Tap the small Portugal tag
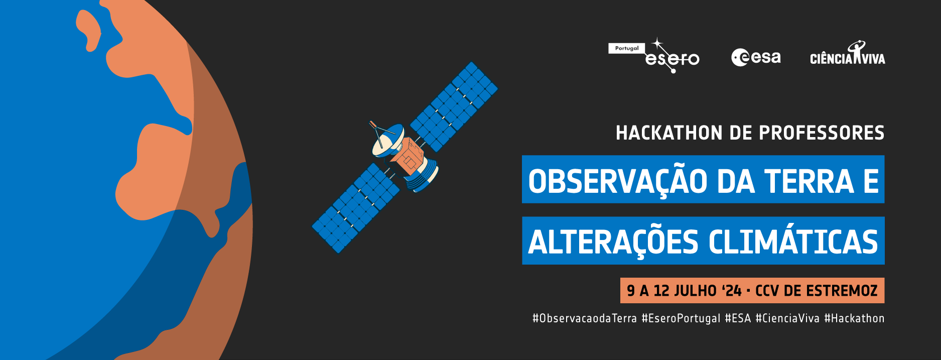coord(627,48)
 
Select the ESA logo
coord(756,57)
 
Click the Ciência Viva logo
coord(848,54)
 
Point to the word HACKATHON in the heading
coord(669,133)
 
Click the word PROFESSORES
coord(822,133)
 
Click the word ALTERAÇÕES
coord(613,243)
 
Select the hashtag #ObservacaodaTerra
coord(585,318)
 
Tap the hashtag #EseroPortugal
coord(681,319)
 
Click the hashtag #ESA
coord(738,318)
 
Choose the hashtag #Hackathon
coord(854,318)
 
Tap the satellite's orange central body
coord(408,156)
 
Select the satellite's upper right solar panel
coord(454,106)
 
